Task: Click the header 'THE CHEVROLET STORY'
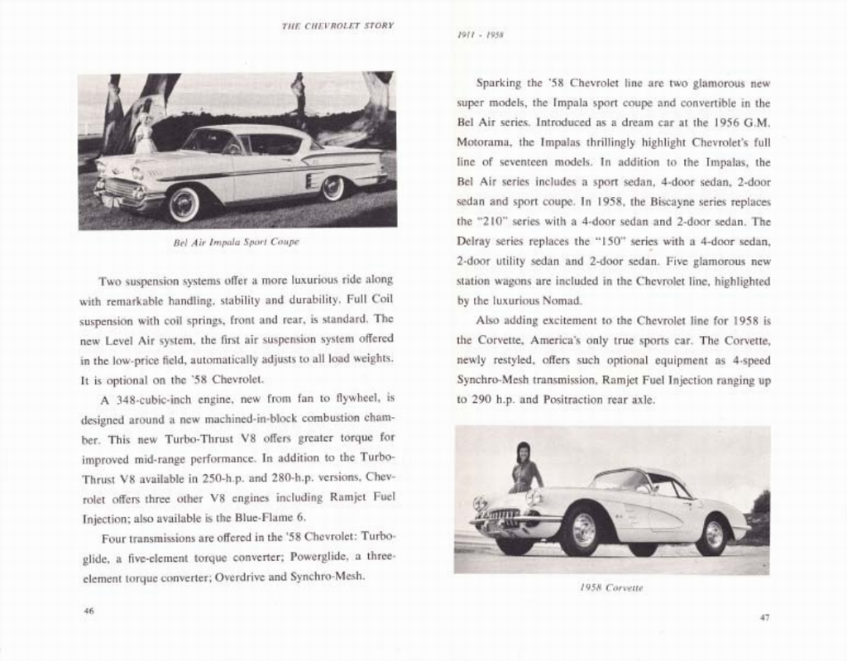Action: (337, 26)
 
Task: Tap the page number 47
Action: (764, 616)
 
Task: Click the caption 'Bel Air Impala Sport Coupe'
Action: (237, 242)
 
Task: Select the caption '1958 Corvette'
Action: (611, 587)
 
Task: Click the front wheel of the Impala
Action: (184, 204)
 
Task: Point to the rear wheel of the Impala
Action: (333, 189)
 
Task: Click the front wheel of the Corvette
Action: (582, 531)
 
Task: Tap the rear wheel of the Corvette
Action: (712, 535)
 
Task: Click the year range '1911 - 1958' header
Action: (481, 36)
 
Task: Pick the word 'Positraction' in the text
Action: (579, 400)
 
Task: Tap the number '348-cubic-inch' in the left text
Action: (154, 398)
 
